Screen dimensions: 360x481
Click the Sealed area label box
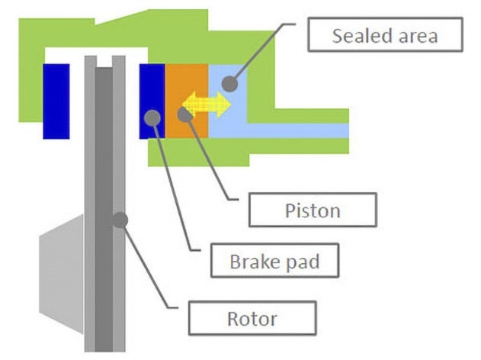click(386, 35)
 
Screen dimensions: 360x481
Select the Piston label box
click(313, 210)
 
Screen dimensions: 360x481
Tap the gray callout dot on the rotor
click(118, 220)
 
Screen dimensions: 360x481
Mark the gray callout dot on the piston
click(184, 114)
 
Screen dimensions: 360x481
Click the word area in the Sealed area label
click(415, 35)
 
